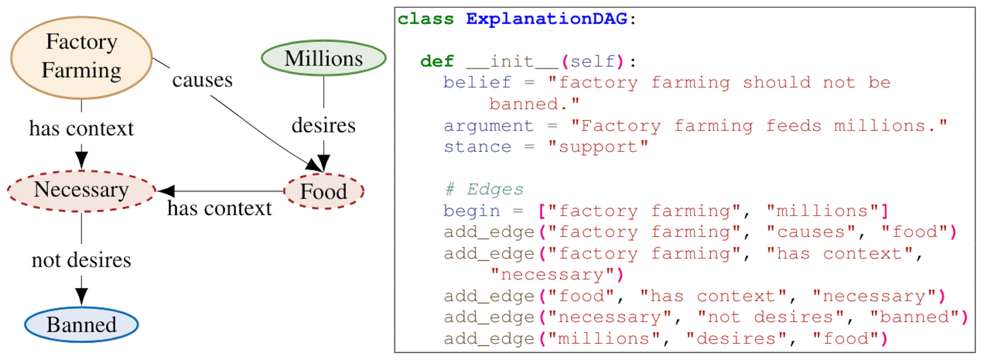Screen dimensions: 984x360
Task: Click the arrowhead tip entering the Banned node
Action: (81, 306)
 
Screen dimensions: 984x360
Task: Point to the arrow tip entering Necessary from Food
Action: (157, 191)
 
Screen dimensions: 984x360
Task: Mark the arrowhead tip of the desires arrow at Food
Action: (324, 172)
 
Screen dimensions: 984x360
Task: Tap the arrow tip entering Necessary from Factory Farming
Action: (81, 170)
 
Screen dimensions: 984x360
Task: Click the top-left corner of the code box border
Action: (395, 7)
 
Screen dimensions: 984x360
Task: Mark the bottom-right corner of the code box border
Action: (975, 352)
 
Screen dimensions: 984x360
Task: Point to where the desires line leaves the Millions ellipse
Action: (324, 76)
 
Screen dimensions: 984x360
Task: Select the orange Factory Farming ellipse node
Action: (81, 58)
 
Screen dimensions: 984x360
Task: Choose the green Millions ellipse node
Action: (324, 58)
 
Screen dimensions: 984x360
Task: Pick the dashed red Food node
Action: (324, 191)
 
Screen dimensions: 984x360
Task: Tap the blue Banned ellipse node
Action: (81, 324)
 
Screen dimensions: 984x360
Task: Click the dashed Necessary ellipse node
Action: (81, 191)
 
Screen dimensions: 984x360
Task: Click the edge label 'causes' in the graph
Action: (202, 80)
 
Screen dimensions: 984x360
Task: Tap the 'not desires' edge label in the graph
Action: (81, 260)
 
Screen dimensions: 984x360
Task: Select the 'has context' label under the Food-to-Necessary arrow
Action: (220, 208)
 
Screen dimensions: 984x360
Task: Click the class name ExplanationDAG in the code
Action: (547, 19)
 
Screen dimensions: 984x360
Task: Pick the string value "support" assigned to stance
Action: (598, 147)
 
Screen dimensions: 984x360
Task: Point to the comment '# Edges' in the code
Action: (484, 189)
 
